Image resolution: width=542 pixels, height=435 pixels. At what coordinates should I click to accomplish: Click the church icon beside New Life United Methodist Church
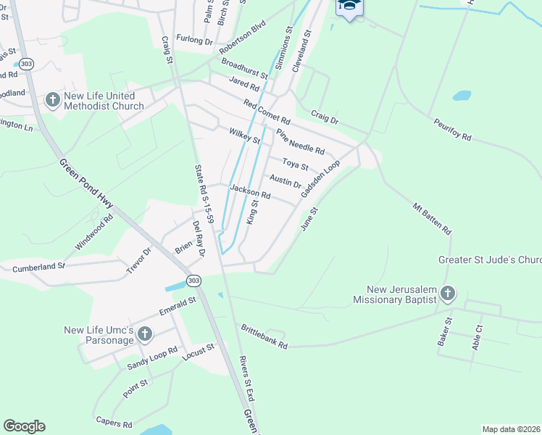point(52,99)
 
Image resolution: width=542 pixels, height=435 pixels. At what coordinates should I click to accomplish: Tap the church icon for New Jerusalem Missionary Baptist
point(448,293)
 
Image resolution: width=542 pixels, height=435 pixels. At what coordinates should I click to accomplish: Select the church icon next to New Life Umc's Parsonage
point(145,334)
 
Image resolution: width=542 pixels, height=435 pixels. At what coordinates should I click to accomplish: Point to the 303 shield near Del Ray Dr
point(193,280)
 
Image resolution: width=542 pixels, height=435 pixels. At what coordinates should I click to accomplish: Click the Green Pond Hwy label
point(88,188)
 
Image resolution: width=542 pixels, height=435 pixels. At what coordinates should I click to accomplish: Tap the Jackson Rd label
point(250,192)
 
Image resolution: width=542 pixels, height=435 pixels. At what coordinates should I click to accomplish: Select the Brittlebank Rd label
point(264,336)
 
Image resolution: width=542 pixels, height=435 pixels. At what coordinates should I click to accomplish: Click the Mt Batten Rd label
point(432,218)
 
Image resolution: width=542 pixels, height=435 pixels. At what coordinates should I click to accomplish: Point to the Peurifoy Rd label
point(453,130)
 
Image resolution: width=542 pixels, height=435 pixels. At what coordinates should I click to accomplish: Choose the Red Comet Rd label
point(267,111)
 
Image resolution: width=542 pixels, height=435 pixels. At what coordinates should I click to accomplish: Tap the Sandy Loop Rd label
point(152,357)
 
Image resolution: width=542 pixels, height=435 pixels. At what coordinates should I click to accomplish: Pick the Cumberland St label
point(38,268)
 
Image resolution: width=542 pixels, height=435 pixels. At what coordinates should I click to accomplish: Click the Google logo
point(24,426)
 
